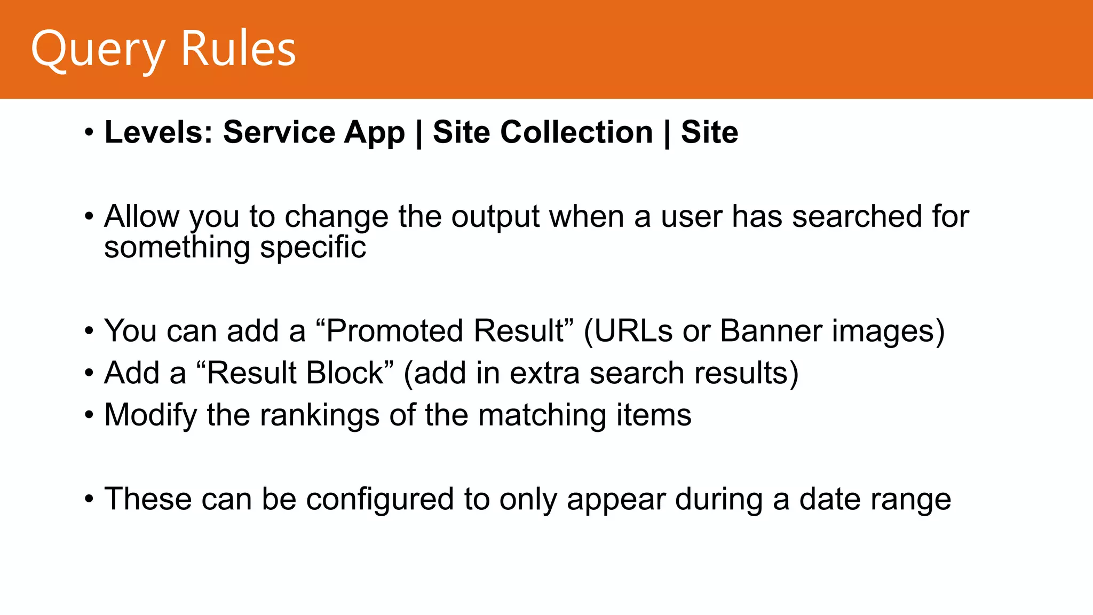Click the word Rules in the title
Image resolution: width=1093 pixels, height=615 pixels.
coord(238,49)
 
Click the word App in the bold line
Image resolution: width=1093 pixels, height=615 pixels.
coord(374,133)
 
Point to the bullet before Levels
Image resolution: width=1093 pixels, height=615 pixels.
coord(89,132)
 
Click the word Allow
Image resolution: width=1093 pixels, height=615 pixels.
coord(142,217)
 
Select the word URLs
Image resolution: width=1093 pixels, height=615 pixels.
coord(633,330)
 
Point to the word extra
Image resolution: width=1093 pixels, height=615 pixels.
coord(544,373)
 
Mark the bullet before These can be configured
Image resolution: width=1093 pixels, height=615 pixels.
coord(89,500)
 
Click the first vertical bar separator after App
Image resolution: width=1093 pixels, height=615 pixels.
coord(419,133)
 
